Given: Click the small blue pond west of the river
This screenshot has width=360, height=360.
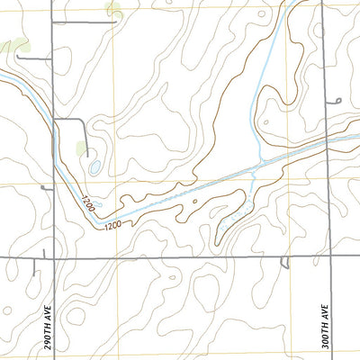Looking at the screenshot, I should [x=94, y=166].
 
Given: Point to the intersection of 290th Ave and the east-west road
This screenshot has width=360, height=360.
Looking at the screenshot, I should [x=54, y=257].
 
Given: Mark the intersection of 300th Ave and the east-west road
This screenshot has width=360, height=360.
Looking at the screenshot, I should [x=330, y=257].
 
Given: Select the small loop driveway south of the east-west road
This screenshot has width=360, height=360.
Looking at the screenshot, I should [x=284, y=265].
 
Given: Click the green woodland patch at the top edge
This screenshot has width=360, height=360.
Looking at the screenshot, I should [x=113, y=10].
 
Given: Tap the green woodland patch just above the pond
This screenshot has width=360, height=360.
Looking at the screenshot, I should [x=83, y=147].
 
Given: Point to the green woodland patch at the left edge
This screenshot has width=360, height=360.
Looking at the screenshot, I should [x=13, y=45].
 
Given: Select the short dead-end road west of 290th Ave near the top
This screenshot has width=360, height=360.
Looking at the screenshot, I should [x=31, y=58].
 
